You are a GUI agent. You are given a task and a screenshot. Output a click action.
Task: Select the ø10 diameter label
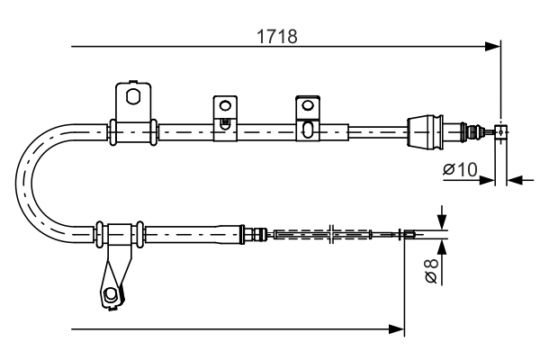(459, 168)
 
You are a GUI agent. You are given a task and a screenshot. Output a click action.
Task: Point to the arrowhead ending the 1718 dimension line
(492, 45)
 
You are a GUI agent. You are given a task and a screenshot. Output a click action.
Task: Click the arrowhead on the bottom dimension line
(397, 329)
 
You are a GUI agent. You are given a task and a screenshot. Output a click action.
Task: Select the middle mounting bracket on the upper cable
(224, 116)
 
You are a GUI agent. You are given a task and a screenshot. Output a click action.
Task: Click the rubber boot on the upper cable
(424, 130)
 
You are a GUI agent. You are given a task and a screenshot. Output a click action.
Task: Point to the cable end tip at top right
(501, 130)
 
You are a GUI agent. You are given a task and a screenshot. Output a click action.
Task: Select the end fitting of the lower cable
(408, 236)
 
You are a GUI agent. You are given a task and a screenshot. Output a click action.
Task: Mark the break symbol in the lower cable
(334, 236)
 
